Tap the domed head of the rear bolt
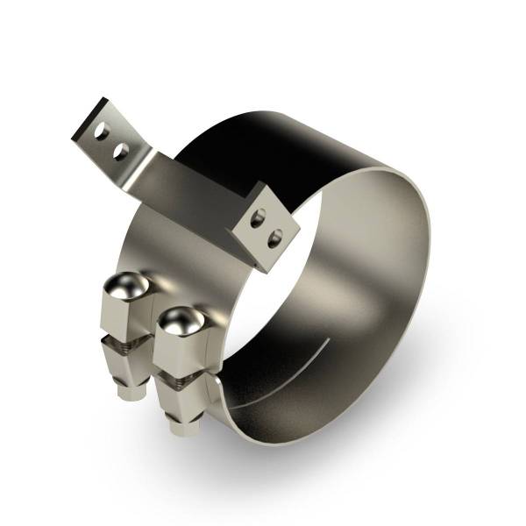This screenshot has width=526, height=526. (x=124, y=286)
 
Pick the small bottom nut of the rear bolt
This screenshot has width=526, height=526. (x=129, y=393)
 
